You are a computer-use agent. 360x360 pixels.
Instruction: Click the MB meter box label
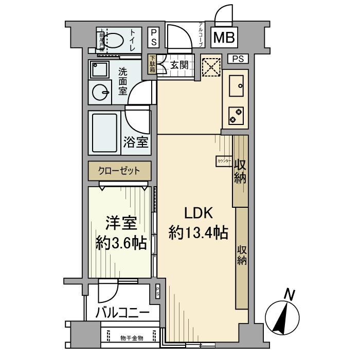coord(224,38)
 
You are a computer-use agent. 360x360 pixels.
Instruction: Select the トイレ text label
coord(134,40)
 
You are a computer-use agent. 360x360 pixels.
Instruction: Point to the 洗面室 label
coord(123,81)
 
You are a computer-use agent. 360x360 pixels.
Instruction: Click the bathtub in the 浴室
coord(105,131)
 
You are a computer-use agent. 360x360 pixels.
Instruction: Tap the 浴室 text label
coord(136,142)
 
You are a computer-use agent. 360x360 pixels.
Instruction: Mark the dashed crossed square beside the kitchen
coord(210,65)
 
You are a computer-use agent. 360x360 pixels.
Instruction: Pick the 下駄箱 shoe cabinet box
coord(152,65)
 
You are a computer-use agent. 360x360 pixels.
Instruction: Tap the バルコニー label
coord(123,313)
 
